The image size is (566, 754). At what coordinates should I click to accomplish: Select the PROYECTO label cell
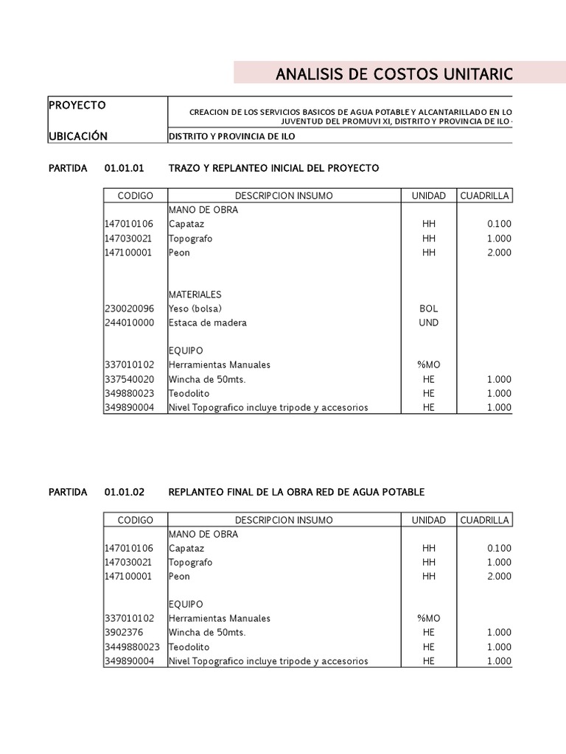77,105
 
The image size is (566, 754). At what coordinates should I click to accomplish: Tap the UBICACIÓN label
77,136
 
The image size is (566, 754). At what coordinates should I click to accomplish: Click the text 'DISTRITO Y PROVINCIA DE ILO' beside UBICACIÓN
235,137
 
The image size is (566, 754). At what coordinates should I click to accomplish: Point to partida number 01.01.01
125,168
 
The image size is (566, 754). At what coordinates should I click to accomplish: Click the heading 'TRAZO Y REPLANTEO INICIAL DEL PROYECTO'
273,168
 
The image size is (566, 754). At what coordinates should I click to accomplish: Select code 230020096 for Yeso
130,309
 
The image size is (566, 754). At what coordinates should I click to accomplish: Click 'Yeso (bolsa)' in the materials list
195,309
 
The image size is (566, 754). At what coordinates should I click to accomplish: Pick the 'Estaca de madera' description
207,323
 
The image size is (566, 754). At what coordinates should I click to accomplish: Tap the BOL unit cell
428,309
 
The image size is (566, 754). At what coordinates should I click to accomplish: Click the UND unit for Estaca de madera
428,323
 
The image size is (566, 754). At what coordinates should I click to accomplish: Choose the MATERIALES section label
195,295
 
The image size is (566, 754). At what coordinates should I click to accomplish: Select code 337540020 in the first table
130,379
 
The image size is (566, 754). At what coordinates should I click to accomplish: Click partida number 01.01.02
125,492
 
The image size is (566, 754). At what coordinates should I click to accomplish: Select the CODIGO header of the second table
135,520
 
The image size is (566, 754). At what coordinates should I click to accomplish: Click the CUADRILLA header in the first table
484,196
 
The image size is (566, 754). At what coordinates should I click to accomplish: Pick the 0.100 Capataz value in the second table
499,548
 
